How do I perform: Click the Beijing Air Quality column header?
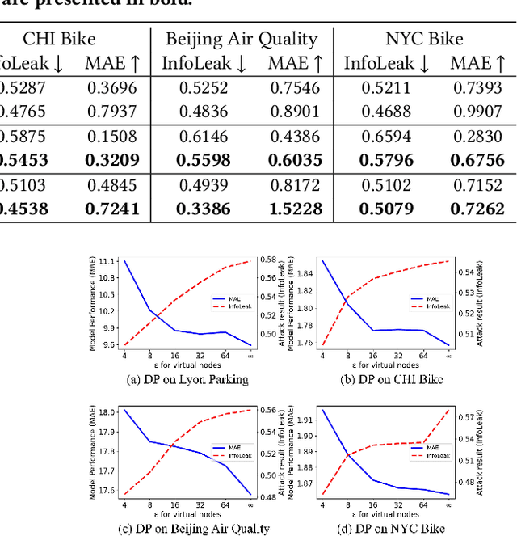242,39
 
